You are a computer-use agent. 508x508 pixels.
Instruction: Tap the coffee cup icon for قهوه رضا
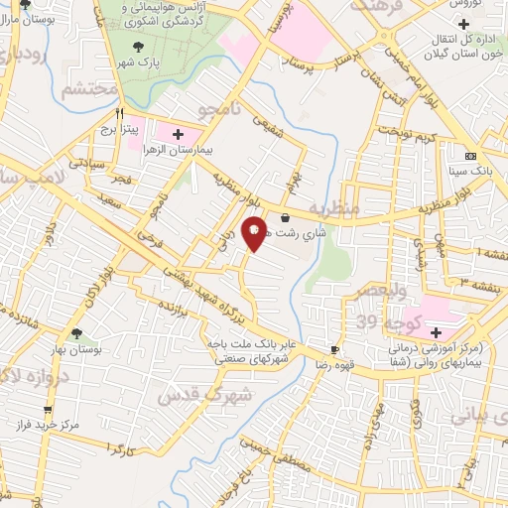334,349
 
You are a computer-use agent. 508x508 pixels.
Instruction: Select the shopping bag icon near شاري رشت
286,218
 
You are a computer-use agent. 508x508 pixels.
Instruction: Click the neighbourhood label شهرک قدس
219,394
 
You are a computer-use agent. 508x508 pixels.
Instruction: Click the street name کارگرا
118,451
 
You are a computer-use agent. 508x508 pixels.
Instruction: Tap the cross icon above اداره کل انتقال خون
462,23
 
